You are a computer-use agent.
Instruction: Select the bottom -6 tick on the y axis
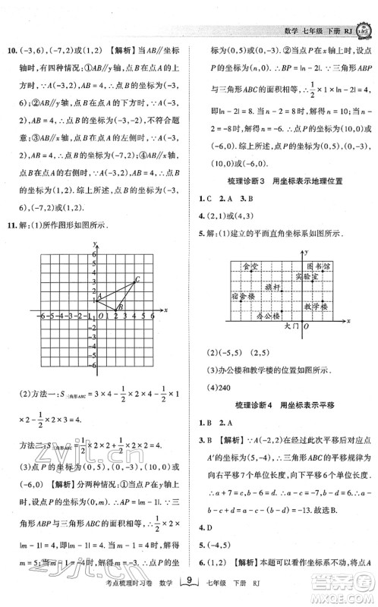[91, 365]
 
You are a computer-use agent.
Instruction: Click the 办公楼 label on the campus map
[268, 315]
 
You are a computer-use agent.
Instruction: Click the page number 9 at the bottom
[190, 583]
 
